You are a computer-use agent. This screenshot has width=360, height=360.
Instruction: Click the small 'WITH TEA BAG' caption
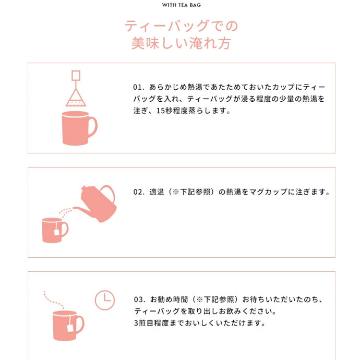(x=181, y=5)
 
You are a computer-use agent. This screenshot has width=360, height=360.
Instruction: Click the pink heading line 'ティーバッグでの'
(x=182, y=26)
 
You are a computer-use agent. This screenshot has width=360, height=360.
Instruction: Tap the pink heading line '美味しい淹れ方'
(x=181, y=43)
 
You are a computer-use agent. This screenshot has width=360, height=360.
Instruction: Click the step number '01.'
(x=139, y=87)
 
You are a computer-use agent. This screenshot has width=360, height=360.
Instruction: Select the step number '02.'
(x=139, y=191)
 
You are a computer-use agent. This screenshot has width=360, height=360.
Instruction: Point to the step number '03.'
(x=140, y=299)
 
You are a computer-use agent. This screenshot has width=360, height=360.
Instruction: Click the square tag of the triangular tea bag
(x=76, y=76)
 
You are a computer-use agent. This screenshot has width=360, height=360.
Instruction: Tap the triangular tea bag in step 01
(x=76, y=98)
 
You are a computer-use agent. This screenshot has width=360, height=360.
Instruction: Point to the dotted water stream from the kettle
(x=65, y=212)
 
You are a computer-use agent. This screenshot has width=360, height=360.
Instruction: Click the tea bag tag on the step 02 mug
(x=57, y=232)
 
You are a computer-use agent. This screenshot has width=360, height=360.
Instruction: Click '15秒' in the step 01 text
(x=164, y=111)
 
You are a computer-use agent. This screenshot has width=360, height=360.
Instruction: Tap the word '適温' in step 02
(x=157, y=191)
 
